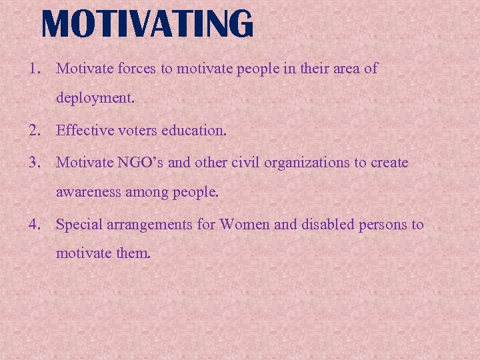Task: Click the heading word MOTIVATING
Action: tap(147, 24)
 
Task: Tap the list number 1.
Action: tap(33, 68)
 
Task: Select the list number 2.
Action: tap(33, 131)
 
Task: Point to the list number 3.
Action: tap(33, 162)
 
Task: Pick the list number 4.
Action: tap(33, 225)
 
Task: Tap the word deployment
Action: tap(95, 99)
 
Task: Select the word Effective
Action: tap(82, 131)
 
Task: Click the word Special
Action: tap(79, 225)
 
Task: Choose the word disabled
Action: tap(324, 225)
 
